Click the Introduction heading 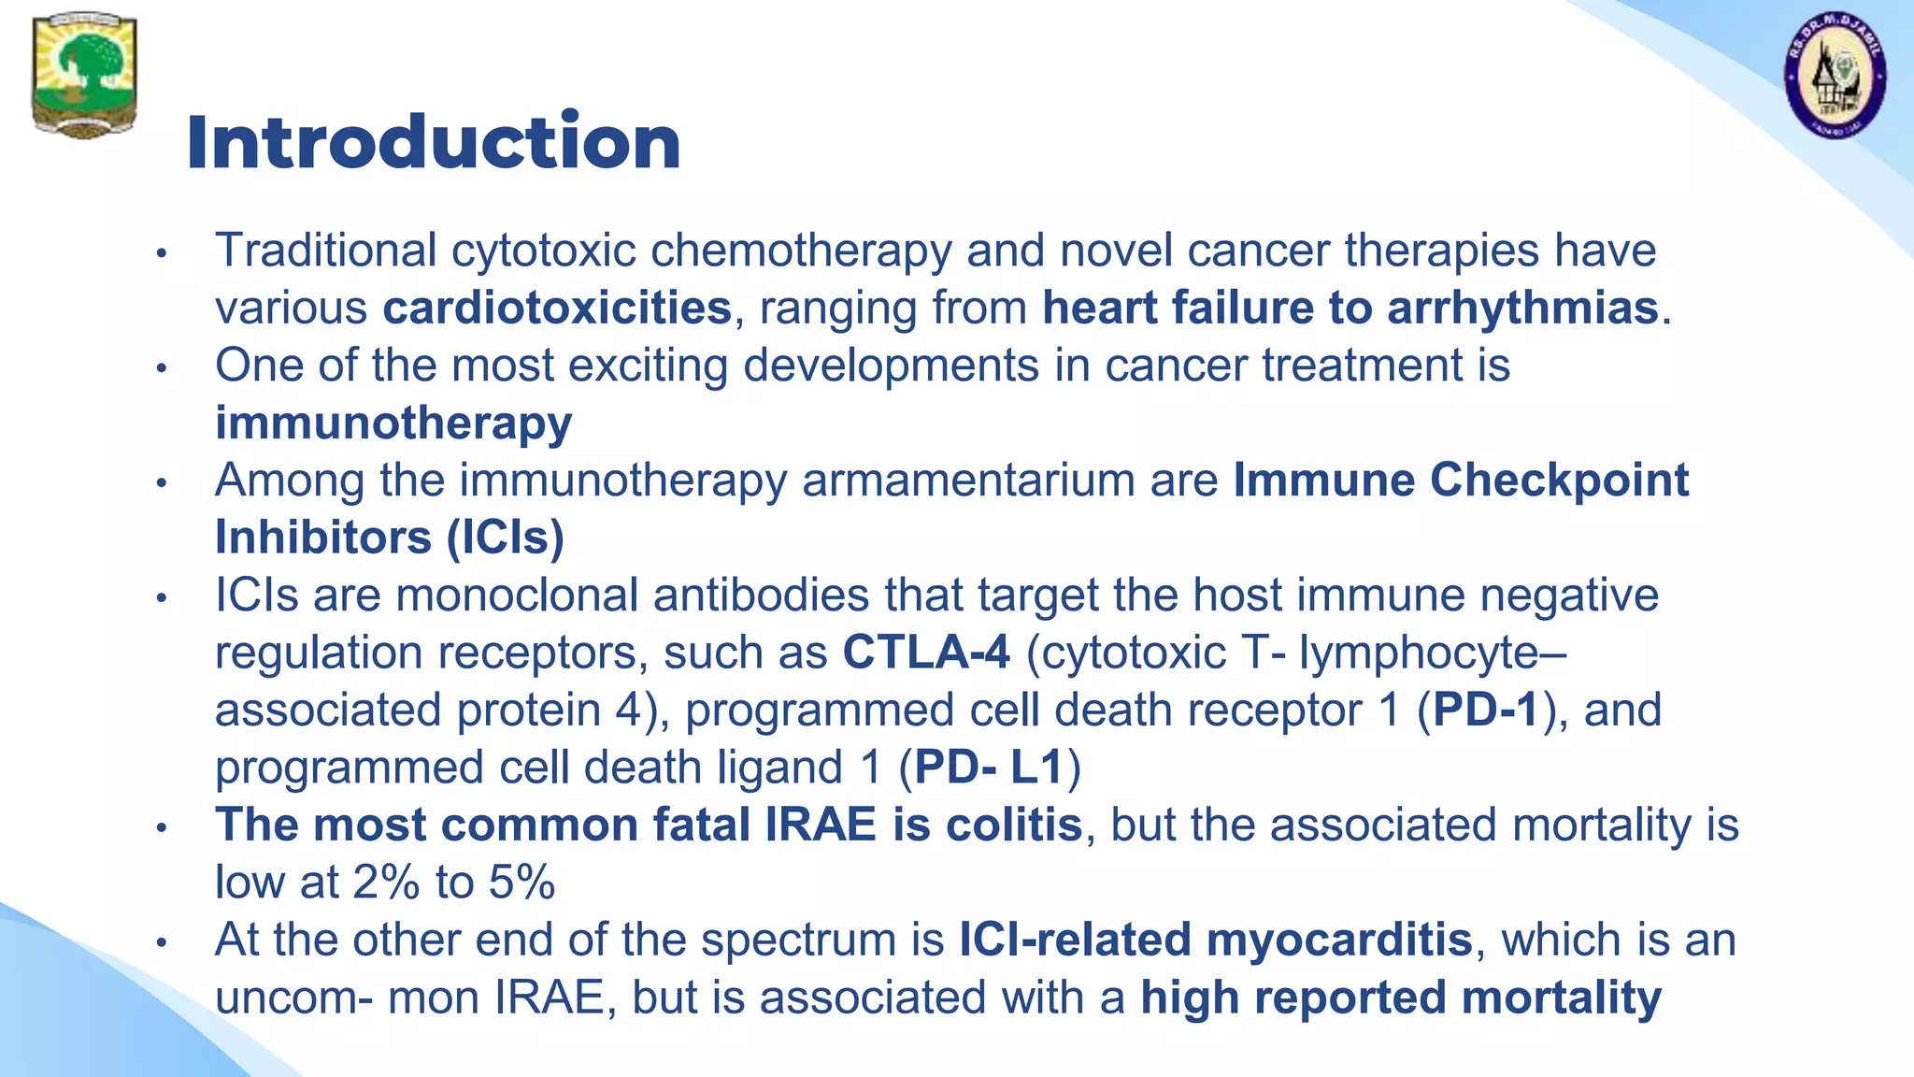click(433, 142)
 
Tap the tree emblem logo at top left click(84, 75)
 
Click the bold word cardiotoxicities click(557, 309)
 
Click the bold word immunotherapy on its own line click(393, 424)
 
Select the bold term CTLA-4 click(926, 653)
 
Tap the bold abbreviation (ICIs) click(505, 538)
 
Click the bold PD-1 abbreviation click(1485, 710)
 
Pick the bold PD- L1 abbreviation click(989, 768)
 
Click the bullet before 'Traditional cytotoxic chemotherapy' click(162, 252)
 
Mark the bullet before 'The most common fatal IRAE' click(162, 827)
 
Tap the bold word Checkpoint click(1559, 481)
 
